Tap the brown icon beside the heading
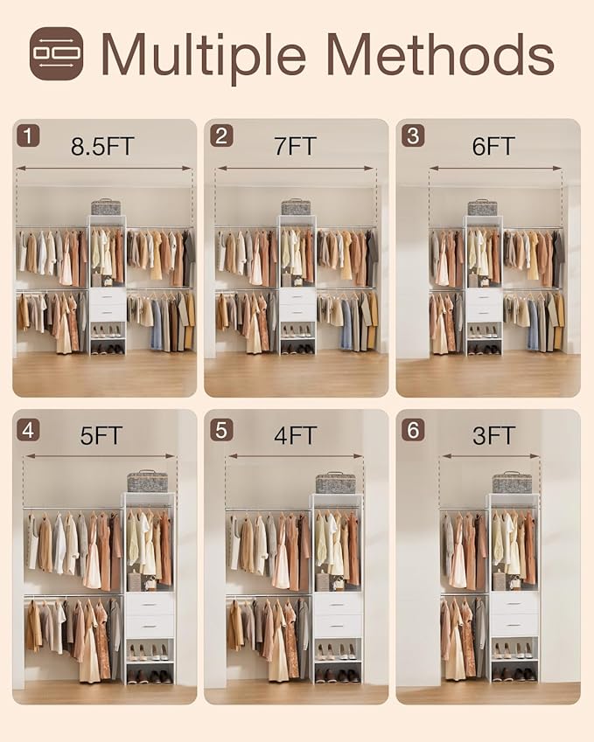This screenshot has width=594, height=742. click(56, 53)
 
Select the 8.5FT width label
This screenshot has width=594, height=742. click(102, 146)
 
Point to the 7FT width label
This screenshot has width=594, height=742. click(295, 146)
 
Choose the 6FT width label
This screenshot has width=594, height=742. click(493, 146)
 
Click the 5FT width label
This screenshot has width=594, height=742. click(101, 435)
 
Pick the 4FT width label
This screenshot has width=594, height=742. click(295, 435)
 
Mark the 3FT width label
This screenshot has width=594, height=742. click(493, 435)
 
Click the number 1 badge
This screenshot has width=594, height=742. click(29, 135)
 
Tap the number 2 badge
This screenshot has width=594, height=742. click(221, 135)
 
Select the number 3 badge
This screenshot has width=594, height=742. click(413, 135)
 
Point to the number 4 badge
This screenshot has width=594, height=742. click(29, 429)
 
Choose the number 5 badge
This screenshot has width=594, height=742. click(221, 429)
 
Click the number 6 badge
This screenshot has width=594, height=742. click(413, 429)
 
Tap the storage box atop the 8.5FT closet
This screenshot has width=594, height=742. click(105, 207)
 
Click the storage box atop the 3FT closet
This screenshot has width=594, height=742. click(512, 482)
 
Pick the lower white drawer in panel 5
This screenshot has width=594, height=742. click(337, 625)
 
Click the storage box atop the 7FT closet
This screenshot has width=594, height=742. click(296, 207)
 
